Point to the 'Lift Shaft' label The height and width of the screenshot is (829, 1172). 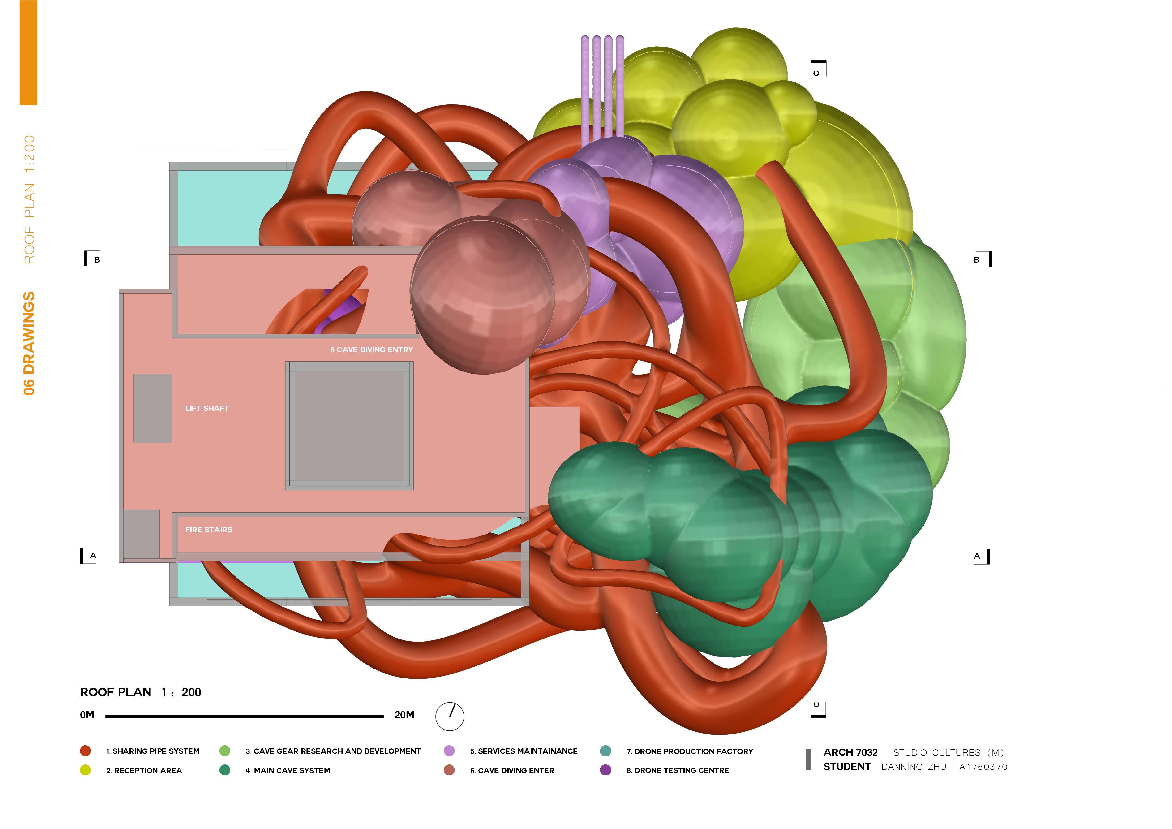point(207,408)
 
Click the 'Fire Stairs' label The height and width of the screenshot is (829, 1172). point(208,530)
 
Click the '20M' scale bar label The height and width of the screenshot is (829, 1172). point(404,715)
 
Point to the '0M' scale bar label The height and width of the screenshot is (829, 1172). point(87,715)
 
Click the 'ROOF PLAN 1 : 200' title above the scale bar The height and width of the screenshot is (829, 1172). point(140,692)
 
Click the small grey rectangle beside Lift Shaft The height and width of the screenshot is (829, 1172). point(153,408)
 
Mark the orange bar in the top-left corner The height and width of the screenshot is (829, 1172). point(28,52)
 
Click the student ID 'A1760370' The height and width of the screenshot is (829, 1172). point(983,767)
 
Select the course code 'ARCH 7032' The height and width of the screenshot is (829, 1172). point(850,752)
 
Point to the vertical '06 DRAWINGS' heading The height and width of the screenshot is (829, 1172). point(29,343)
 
